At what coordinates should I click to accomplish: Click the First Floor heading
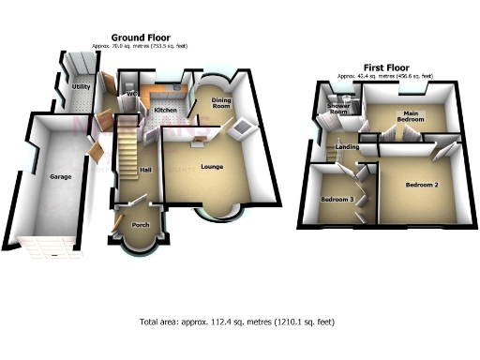pos(385,68)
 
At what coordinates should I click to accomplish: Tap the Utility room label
pos(81,86)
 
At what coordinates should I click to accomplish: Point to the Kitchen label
pos(165,111)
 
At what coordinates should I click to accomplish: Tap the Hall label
pos(145,170)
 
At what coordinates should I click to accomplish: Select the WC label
pos(132,95)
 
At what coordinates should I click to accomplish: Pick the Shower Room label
pos(337,109)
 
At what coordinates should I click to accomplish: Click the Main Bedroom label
pos(411,116)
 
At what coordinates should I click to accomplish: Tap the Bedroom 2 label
pos(422,185)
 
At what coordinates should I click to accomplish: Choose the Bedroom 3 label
pos(337,200)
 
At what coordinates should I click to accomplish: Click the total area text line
pos(238,322)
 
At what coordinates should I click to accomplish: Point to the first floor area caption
pos(385,76)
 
